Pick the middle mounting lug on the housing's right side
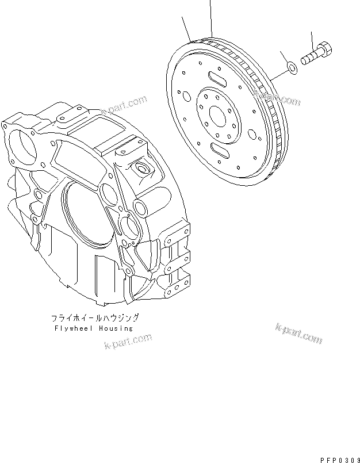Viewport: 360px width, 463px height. (175, 261)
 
